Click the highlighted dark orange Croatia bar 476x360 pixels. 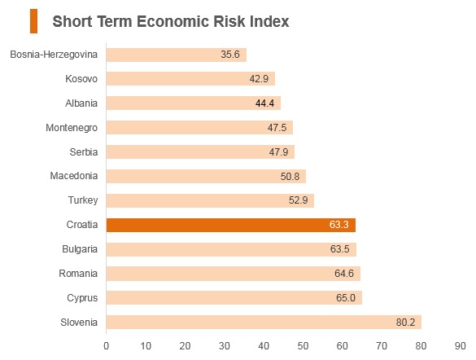231,225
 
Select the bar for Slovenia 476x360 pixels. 264,322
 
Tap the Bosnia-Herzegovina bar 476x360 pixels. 177,55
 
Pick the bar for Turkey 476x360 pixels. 210,201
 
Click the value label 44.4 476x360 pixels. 264,103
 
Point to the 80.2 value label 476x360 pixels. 405,322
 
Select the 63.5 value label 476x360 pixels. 339,249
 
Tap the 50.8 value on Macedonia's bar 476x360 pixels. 290,177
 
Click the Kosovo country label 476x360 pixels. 81,79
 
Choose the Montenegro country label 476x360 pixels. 72,128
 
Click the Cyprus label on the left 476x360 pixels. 82,298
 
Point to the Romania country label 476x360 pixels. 78,274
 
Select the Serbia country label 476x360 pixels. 84,151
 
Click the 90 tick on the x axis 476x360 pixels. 461,346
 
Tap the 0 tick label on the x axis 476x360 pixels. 107,346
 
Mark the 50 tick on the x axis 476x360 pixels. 303,346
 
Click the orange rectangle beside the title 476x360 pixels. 33,21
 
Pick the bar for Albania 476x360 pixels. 194,103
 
